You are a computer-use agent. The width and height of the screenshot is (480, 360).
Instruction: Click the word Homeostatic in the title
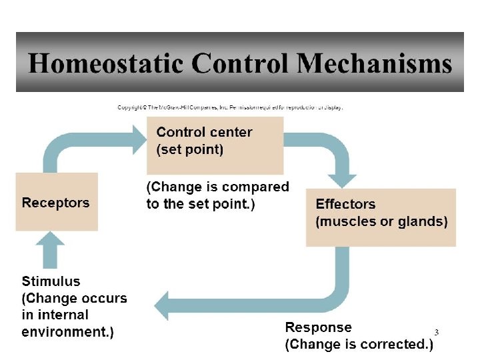[x=105, y=64]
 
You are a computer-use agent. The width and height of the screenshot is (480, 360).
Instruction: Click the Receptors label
[x=55, y=203]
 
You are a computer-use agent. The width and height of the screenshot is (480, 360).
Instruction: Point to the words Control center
[x=204, y=132]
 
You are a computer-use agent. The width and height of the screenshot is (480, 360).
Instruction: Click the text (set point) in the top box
[x=190, y=149]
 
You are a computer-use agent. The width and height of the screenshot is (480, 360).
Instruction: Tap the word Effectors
[x=345, y=204]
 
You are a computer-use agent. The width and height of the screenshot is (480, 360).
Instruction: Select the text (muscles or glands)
[x=381, y=221]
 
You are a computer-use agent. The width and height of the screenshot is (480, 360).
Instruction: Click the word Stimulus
[x=51, y=281]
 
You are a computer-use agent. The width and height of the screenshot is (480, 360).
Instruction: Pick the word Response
[x=318, y=327]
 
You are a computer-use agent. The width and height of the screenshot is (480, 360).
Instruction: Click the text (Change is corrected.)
[x=359, y=345]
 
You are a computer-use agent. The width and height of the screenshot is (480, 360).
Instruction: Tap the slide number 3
[x=437, y=332]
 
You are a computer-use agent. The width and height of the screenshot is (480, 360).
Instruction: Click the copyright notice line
[x=230, y=107]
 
